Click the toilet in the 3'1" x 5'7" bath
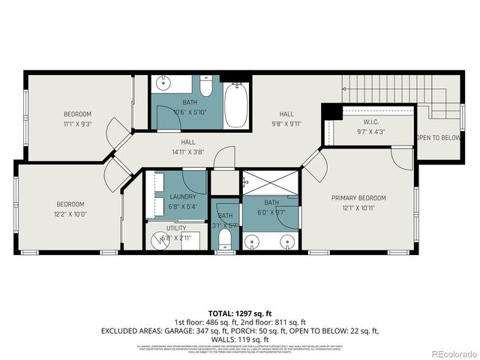click(x=225, y=239)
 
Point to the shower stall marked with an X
click(x=270, y=184)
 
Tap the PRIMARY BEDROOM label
click(x=358, y=198)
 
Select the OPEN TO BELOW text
click(x=438, y=138)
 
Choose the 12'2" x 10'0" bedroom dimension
click(x=70, y=214)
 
